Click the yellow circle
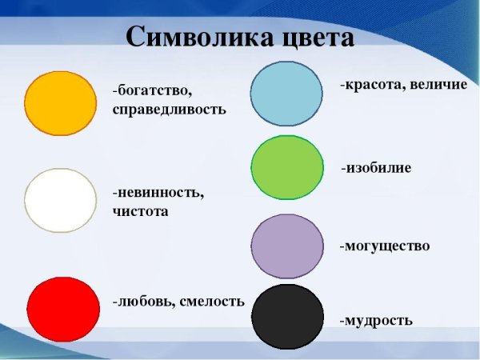tap(61, 102)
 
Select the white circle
tap(61, 200)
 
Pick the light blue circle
tap(286, 94)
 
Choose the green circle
tap(286, 168)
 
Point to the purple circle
tap(286, 246)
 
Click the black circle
tap(286, 317)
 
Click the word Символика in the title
tap(190, 38)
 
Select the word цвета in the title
tap(309, 38)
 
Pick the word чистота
tap(141, 212)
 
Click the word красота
tap(373, 84)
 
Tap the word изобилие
tap(379, 168)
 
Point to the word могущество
tap(387, 246)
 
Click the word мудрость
tap(379, 321)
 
